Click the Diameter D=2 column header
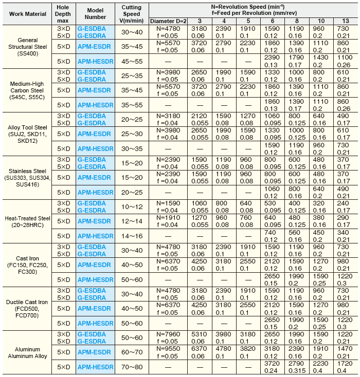click(x=169, y=21)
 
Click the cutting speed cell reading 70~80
click(x=131, y=367)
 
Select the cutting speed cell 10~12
click(x=131, y=206)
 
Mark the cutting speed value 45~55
click(x=131, y=61)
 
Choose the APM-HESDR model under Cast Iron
click(x=95, y=279)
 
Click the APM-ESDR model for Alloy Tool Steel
click(x=95, y=134)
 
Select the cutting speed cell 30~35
click(x=131, y=148)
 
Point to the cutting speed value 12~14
click(x=131, y=221)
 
